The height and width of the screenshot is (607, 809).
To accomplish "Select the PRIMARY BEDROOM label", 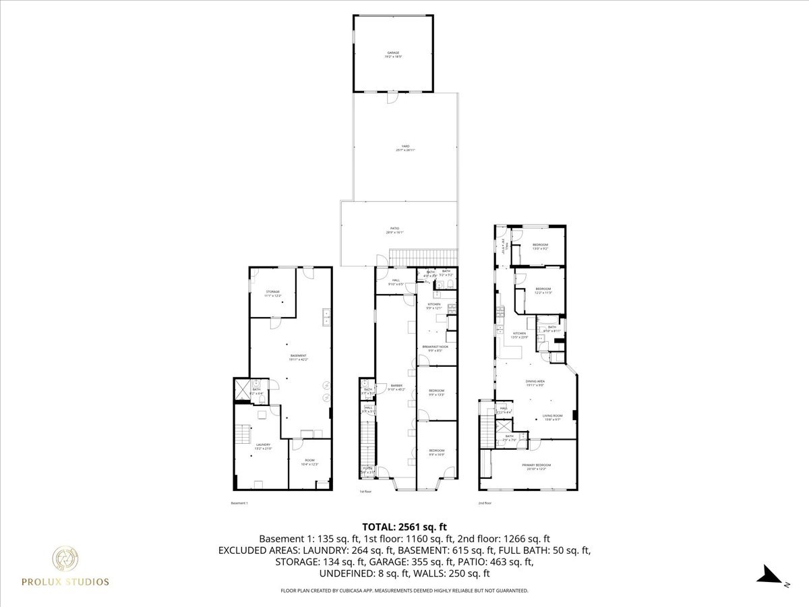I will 537,466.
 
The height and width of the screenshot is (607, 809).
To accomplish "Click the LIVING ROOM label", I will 553,417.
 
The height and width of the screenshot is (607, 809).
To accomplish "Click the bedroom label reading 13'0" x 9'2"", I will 540,246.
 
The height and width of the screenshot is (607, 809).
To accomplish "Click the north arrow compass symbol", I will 768,575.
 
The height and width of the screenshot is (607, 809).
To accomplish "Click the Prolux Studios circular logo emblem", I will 65,559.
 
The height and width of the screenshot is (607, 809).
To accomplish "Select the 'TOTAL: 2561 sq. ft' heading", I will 404,527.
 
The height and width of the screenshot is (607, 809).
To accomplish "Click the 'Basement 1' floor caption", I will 239,503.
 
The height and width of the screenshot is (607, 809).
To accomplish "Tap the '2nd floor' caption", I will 485,503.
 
